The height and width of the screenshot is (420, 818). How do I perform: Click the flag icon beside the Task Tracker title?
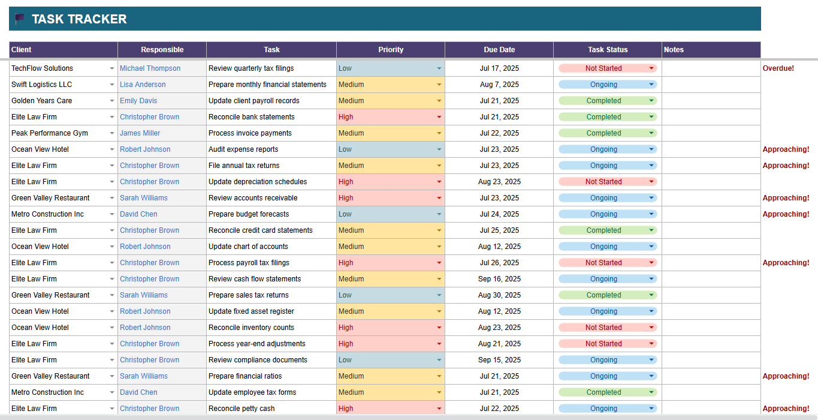click(20, 19)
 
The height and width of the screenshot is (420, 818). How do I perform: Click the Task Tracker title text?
click(79, 19)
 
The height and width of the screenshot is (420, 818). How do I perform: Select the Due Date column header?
click(499, 50)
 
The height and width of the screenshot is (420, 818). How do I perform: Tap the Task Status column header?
click(608, 50)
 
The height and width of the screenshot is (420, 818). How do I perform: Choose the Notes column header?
click(674, 50)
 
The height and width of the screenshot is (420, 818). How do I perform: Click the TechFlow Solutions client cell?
click(42, 68)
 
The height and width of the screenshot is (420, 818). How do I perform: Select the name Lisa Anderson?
click(143, 85)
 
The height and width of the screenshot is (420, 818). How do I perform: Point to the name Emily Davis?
click(138, 101)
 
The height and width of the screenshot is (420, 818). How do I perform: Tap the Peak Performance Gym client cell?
click(50, 133)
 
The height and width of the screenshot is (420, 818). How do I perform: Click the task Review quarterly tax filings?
click(251, 68)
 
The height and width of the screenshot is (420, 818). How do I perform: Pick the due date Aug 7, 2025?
click(499, 85)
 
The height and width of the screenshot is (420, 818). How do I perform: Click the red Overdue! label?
click(778, 68)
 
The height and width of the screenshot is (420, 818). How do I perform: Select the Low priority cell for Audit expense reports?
click(390, 149)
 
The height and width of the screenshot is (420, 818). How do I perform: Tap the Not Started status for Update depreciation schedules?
click(604, 182)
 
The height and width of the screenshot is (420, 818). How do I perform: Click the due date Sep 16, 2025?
click(499, 279)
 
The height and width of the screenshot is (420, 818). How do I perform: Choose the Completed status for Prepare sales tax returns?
click(604, 295)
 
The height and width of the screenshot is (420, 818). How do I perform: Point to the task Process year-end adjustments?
click(257, 344)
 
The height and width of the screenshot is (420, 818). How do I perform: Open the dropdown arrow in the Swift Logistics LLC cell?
click(112, 85)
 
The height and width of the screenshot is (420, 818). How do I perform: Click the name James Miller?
click(140, 133)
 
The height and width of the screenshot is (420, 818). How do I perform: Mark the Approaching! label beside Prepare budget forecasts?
click(786, 214)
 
